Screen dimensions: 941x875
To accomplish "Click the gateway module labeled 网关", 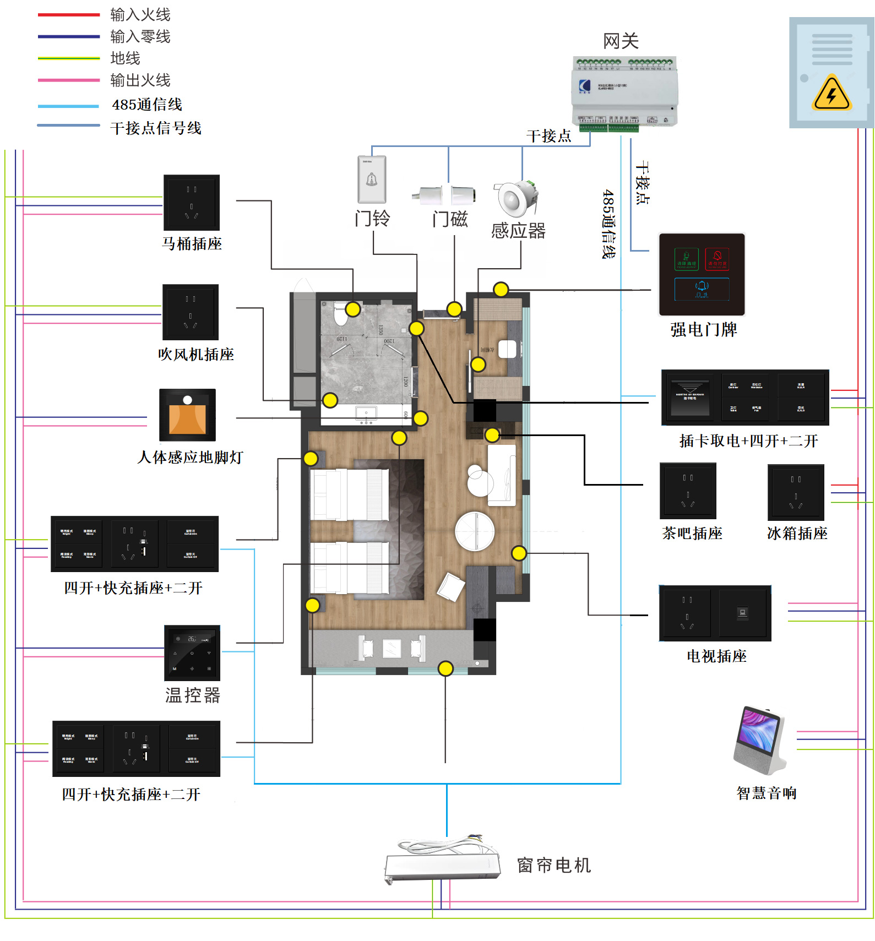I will tap(624, 92).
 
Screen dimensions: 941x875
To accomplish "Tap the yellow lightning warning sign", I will tap(831, 94).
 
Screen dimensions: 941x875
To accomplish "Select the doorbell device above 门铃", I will tap(372, 180).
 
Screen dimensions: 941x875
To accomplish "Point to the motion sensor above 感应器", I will tap(515, 198).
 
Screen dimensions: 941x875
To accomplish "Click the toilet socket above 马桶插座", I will tap(192, 203).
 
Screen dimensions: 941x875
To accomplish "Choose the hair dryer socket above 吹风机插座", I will tap(191, 312).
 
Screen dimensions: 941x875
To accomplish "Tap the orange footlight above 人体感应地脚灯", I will tap(187, 415).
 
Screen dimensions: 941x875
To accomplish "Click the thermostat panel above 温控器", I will tap(192, 653).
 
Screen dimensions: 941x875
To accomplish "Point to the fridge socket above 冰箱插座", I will tap(796, 492).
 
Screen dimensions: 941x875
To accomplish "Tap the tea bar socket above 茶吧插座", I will tap(688, 491).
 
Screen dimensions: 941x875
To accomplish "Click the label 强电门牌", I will tap(703, 329).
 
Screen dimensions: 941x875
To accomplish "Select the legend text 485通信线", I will tap(146, 105).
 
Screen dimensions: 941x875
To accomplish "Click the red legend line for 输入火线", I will tap(69, 15).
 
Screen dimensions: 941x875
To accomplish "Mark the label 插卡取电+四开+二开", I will tap(748, 441).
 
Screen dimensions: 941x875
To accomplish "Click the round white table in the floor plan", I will tap(475, 531).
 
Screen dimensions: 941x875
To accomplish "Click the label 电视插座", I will tap(716, 656).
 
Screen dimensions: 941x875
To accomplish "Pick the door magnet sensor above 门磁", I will tap(444, 195).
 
